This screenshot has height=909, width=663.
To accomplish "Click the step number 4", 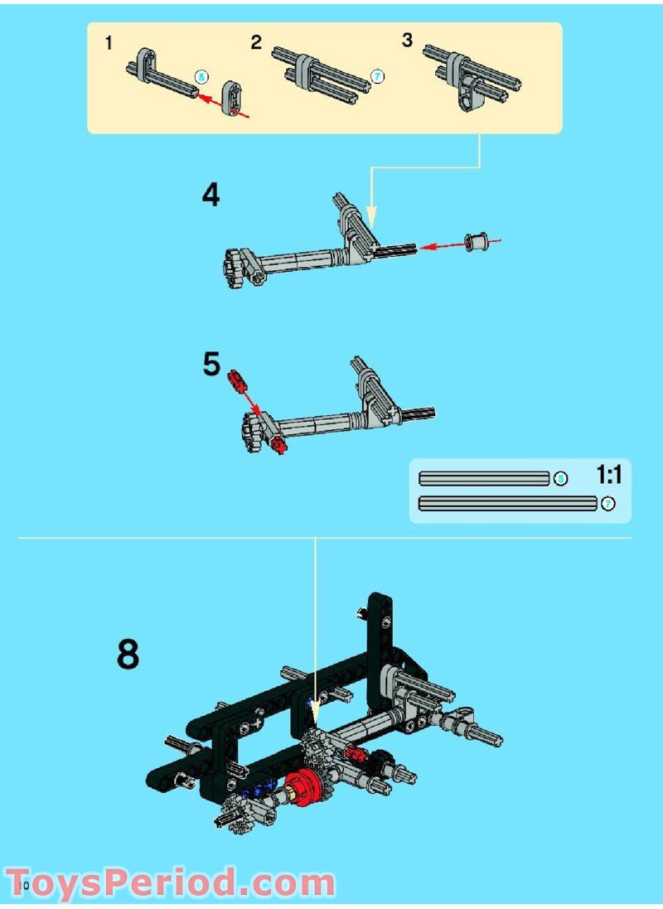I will (x=211, y=196).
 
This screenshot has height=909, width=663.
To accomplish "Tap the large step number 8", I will (x=128, y=655).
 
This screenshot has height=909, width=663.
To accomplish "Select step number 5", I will (x=212, y=365).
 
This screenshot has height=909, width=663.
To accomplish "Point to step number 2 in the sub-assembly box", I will (x=256, y=42).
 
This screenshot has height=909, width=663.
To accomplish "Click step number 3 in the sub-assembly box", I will (x=407, y=41).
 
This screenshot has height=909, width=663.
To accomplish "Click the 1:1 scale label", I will (x=608, y=475).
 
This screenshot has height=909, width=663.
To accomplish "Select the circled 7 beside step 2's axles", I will (x=377, y=76).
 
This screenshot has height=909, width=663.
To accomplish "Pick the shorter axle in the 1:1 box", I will (x=485, y=478).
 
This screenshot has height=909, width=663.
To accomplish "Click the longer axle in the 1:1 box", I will (x=507, y=503).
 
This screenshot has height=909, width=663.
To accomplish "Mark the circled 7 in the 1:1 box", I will (x=607, y=503).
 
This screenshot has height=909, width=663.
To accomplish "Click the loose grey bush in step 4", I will (x=476, y=243).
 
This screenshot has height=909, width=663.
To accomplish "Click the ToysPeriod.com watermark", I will (x=170, y=882).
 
